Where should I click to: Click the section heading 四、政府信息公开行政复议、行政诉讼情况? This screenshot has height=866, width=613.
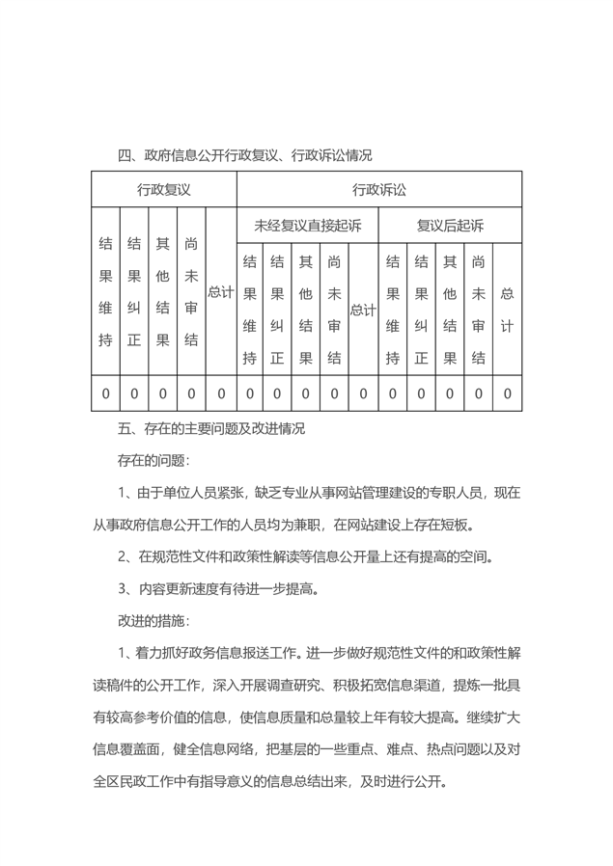pos(244,154)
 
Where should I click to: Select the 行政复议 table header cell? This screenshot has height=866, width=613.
pos(163,189)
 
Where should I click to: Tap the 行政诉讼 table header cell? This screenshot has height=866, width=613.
pos(379,189)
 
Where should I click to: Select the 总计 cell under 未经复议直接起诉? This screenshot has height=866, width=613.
pos(363,310)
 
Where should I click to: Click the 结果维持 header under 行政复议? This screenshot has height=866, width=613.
pos(106,291)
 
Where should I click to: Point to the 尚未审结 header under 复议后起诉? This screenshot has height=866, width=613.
pos(478,310)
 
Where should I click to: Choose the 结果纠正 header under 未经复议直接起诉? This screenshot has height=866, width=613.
pos(278,310)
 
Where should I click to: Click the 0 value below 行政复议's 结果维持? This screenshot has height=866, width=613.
pos(106,393)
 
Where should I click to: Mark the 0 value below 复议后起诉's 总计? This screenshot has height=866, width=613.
pos(507,393)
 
